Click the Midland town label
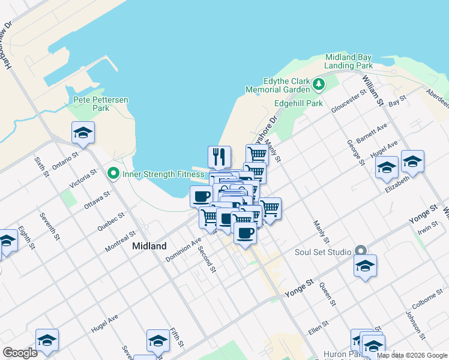(149, 246)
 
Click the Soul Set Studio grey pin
(360, 251)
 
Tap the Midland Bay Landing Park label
(349, 61)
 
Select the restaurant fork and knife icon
(220, 157)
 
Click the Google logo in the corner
(20, 353)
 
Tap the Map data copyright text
(412, 355)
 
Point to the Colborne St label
(428, 298)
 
